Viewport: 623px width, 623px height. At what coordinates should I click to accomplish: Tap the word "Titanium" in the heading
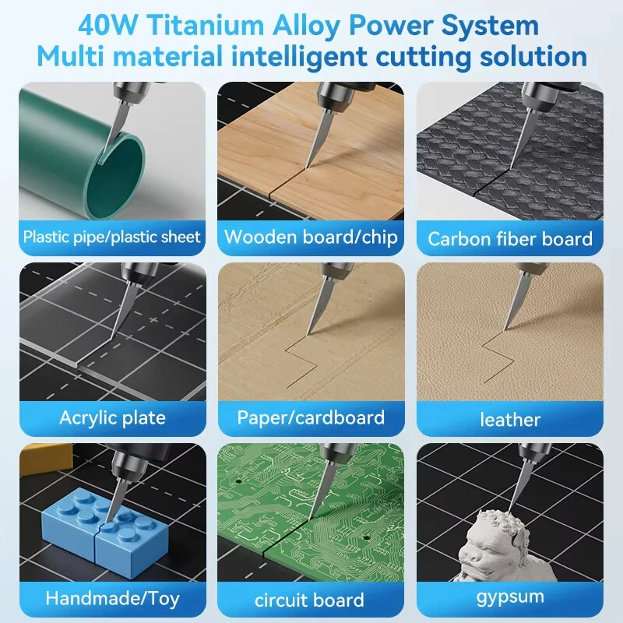pos(206,25)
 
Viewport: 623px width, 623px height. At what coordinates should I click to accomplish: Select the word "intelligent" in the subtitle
pos(299,57)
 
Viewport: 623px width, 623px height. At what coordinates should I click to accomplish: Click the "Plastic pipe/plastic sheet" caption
pos(111,238)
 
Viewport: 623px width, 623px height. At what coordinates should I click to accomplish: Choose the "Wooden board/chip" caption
pos(311,237)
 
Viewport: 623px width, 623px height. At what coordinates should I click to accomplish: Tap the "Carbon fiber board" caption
pos(510,239)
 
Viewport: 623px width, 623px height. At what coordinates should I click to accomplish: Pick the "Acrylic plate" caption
pos(112,418)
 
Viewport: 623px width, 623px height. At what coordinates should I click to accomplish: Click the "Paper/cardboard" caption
pos(311,418)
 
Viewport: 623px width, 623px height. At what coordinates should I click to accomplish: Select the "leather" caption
pos(510,420)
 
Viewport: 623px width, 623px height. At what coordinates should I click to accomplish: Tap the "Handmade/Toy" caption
pos(112,598)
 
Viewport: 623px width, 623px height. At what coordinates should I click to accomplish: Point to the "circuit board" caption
pos(309,600)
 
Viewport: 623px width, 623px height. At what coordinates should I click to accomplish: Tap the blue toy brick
pos(105,523)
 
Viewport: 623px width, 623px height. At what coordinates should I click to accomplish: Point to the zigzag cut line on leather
pos(498,357)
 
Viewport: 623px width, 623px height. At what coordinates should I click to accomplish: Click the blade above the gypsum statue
pos(519,485)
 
